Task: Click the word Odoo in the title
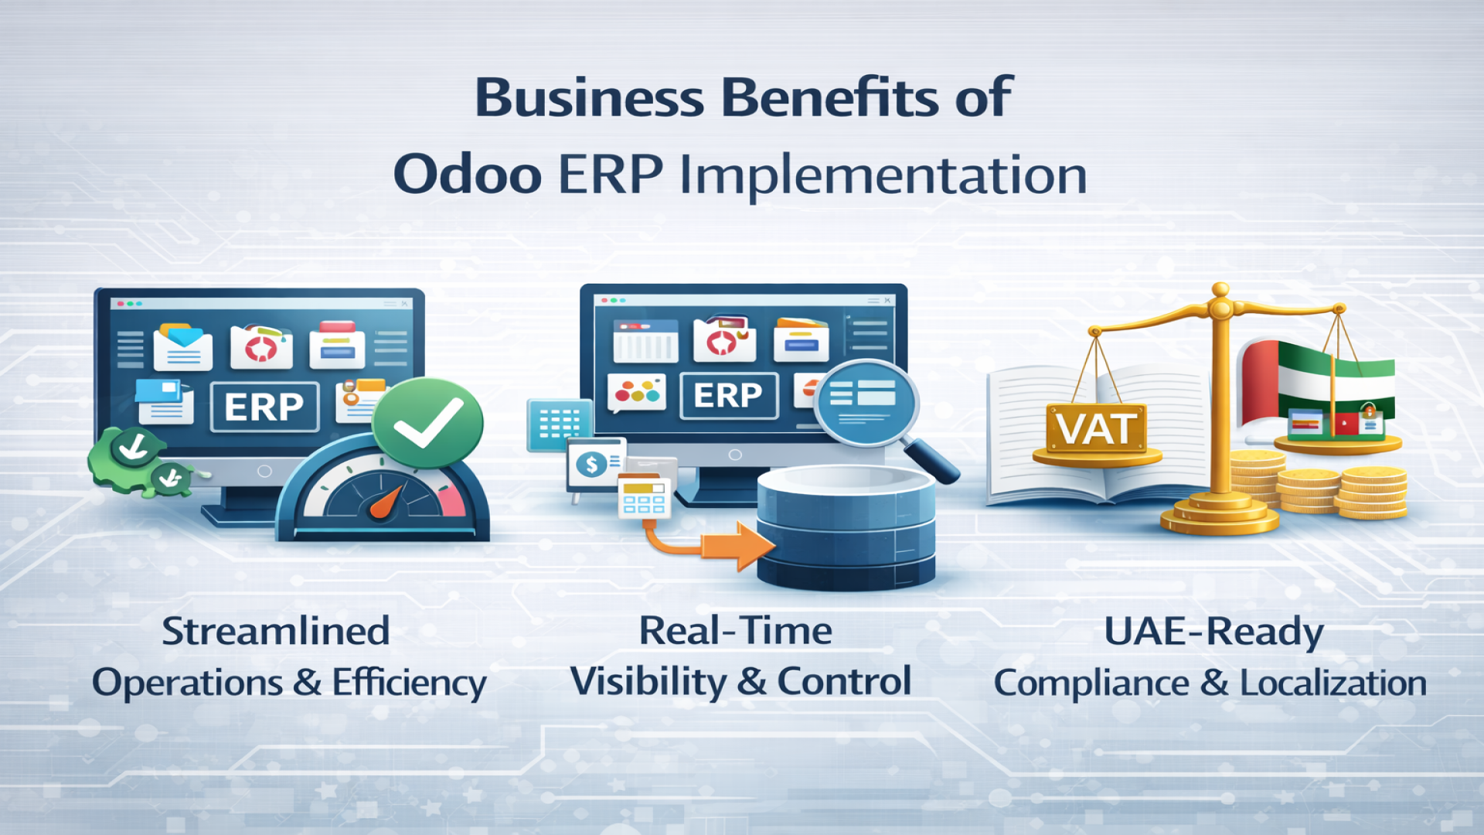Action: [468, 175]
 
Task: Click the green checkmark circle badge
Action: [427, 423]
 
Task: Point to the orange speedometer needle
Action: [386, 501]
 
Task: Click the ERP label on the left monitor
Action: [264, 407]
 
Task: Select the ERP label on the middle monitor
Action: [728, 395]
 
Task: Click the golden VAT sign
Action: [1097, 428]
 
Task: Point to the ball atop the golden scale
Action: [1220, 291]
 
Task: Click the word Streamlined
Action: [275, 631]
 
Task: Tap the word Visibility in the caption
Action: [648, 682]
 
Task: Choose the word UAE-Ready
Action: [1213, 632]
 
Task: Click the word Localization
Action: [1333, 683]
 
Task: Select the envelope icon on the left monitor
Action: [182, 347]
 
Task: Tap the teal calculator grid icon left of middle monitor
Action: [559, 424]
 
